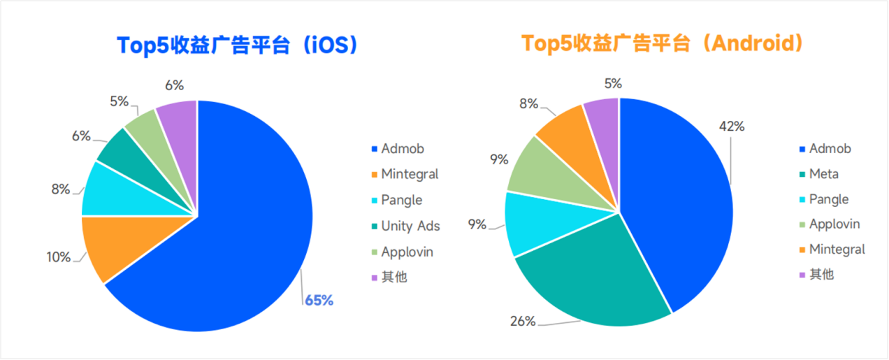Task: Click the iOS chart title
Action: click(238, 45)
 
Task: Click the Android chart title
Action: click(662, 44)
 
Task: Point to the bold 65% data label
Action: click(319, 301)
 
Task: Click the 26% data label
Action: click(523, 322)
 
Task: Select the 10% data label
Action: click(59, 257)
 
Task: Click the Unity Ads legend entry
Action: click(410, 226)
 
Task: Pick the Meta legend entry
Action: click(823, 174)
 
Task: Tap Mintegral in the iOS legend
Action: click(410, 174)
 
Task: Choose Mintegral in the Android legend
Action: click(837, 250)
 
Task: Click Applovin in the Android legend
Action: click(834, 224)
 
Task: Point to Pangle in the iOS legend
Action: click(402, 200)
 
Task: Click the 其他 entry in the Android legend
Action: click(821, 275)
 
